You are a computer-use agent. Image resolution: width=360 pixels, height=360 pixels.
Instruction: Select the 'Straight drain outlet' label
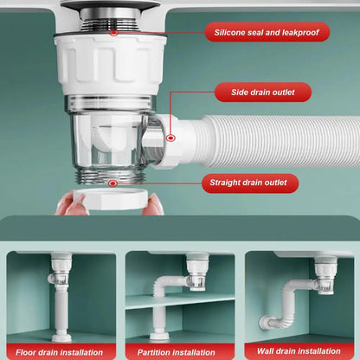[x=249, y=183]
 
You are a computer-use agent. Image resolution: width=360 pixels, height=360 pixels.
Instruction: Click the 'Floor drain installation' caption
[x=60, y=351]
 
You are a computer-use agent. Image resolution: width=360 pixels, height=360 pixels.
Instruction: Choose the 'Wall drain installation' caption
[x=299, y=351]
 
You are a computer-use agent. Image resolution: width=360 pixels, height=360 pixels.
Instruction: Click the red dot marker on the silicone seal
[x=112, y=32]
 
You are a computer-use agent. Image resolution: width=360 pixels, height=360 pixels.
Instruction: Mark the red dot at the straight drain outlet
[x=112, y=183]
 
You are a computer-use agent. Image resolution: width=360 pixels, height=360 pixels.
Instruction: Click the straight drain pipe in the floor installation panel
[x=61, y=303]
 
